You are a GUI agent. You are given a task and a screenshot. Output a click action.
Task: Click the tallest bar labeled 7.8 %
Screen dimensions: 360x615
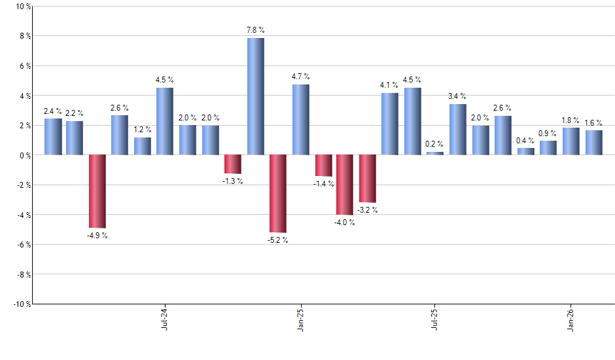256,96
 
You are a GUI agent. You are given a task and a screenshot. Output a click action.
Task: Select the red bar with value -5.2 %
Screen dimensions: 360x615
278,193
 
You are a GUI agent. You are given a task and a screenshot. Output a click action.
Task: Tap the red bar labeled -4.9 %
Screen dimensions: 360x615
97,191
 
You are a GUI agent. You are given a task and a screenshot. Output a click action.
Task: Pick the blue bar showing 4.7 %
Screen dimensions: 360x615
301,120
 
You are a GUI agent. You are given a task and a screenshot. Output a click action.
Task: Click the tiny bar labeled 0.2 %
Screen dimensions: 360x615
435,153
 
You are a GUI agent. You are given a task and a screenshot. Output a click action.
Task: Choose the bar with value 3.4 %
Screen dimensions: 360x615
458,130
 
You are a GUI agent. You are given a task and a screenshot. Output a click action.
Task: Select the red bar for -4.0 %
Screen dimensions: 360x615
345,185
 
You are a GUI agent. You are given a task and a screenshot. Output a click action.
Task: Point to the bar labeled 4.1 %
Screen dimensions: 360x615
390,124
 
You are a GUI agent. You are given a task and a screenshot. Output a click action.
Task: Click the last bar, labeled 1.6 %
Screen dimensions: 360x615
593,143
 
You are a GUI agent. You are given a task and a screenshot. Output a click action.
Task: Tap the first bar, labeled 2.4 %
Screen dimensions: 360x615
53,137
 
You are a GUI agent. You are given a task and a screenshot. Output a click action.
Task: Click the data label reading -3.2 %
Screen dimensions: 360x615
367,210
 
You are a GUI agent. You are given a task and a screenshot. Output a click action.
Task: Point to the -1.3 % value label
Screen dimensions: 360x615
232,181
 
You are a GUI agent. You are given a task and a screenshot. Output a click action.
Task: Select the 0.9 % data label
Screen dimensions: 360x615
548,134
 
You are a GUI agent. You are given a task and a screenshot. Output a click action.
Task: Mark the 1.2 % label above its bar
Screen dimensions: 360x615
142,130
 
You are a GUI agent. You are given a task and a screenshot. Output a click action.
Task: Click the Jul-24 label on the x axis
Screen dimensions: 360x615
164,318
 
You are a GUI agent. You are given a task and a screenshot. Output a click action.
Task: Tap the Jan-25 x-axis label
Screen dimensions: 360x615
300,318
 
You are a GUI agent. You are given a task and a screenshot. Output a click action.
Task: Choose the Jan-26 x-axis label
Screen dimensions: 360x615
571,318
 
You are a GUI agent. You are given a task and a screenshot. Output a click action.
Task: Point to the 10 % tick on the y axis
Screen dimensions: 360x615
23,7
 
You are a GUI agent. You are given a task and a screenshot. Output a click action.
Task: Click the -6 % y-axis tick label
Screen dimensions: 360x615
23,245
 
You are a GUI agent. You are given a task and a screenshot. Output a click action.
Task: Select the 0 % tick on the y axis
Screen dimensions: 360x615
24,155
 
